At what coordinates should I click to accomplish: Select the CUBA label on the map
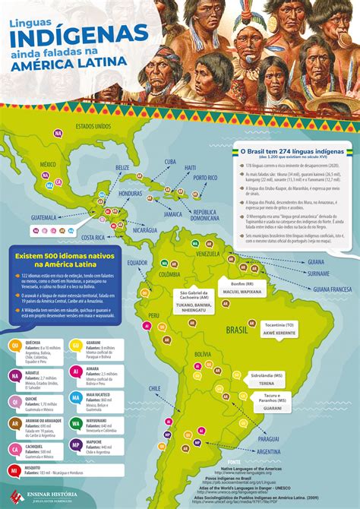[x=170, y=161]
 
